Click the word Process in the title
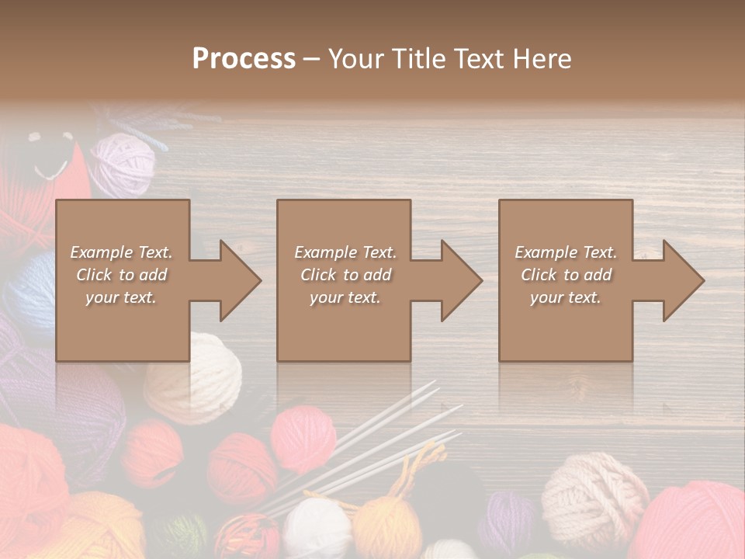pos(244,59)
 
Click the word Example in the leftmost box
pos(100,252)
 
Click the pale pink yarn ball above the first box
pos(123,164)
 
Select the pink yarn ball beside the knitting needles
pos(303,439)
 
